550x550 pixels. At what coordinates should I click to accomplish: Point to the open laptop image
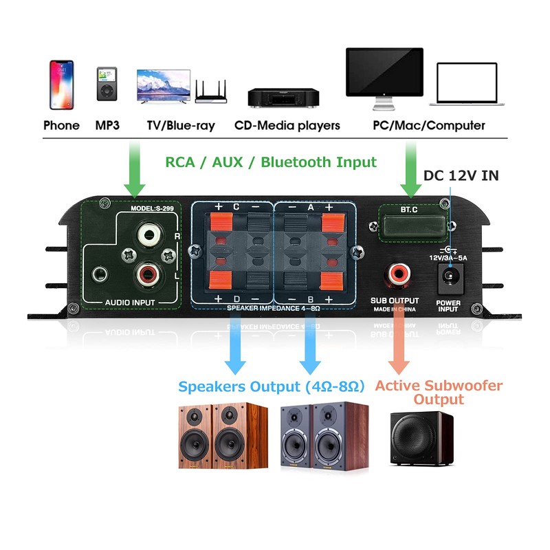coord(467,85)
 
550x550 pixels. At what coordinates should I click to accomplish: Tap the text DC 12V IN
coord(461,175)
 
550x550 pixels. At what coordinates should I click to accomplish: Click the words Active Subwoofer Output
coord(439,393)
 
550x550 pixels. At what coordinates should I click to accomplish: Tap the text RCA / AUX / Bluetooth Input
coord(270,162)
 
